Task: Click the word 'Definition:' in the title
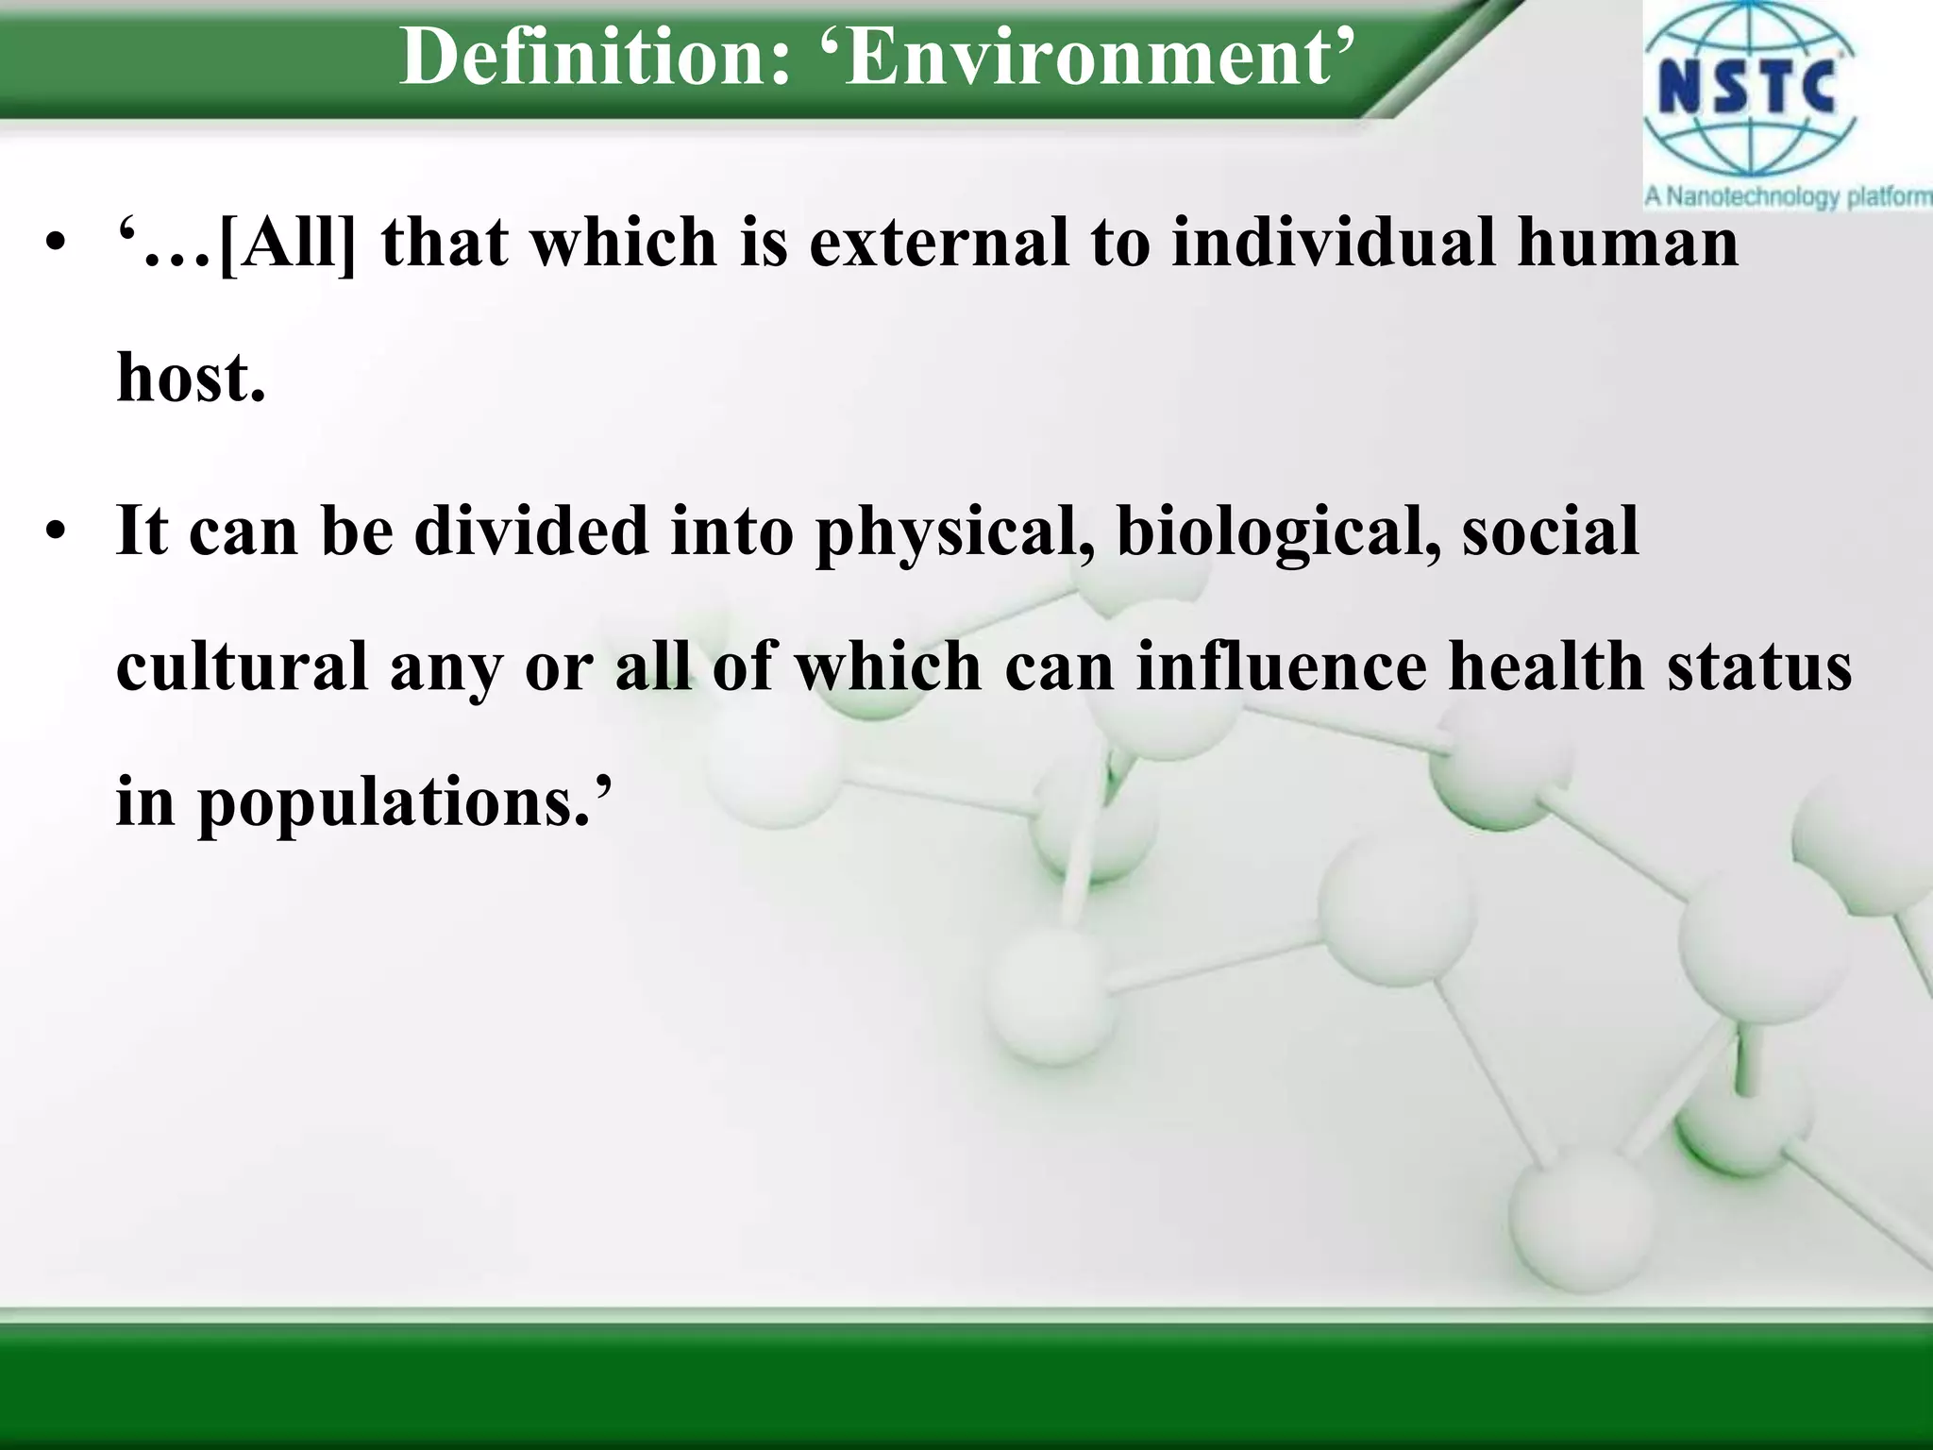[x=595, y=57]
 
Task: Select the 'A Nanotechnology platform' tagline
[x=1787, y=197]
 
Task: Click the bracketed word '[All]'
[x=288, y=244]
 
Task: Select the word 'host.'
[x=191, y=378]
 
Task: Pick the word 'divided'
[x=531, y=531]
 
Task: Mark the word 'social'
[x=1550, y=531]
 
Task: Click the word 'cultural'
[x=242, y=666]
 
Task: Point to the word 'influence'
[x=1281, y=666]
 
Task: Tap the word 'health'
[x=1546, y=666]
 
